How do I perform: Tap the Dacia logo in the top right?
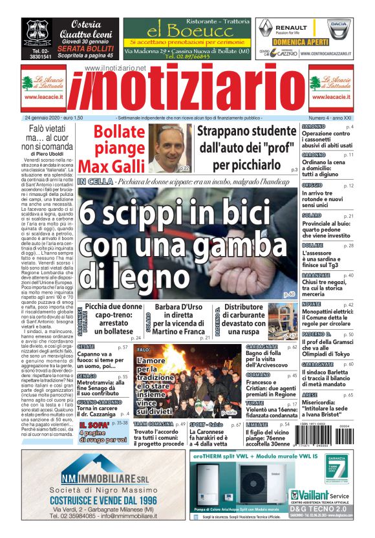click(x=338, y=28)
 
